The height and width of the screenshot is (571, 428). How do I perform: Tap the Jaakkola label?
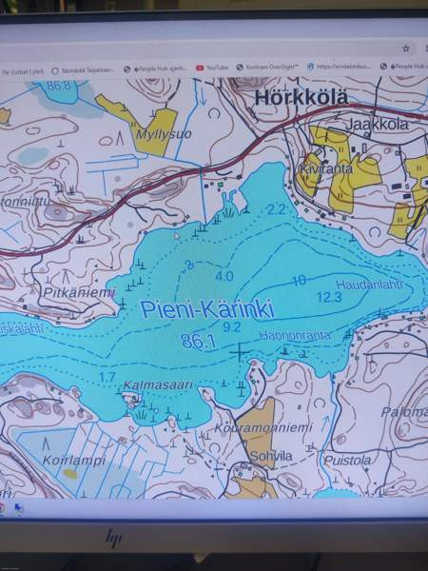coord(377,124)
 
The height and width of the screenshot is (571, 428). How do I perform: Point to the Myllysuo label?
coord(165,134)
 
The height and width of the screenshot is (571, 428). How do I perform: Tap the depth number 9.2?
coord(231,326)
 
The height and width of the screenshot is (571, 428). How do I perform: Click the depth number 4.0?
coord(224,276)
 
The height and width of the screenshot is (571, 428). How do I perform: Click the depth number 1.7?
coord(107,377)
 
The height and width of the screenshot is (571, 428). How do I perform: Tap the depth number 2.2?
coord(277,208)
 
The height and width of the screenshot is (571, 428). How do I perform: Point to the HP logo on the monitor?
coord(113,539)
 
